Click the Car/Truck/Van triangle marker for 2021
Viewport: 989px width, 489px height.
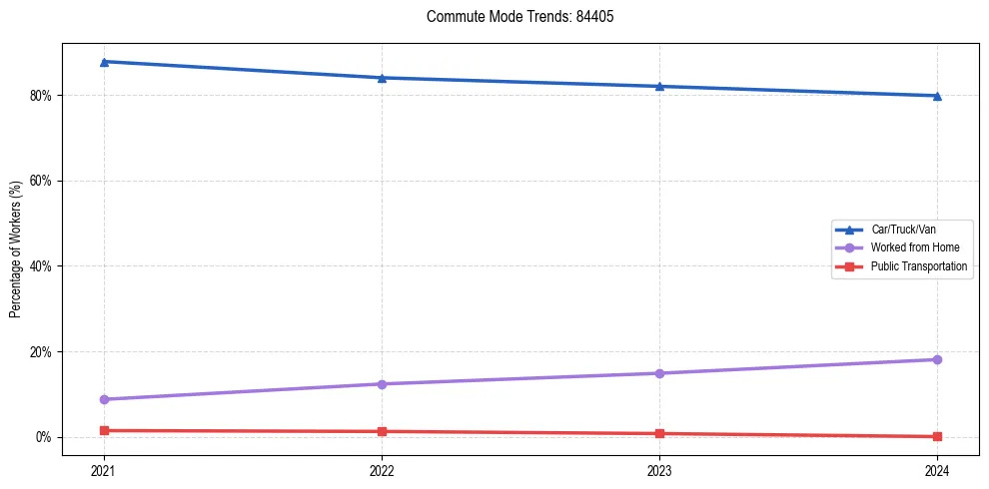click(x=104, y=62)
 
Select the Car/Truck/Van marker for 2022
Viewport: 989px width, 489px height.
click(x=382, y=78)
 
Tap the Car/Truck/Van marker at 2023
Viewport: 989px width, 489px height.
click(x=659, y=86)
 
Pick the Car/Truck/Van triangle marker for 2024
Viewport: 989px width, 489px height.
click(x=937, y=96)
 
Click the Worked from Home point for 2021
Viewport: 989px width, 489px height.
click(x=104, y=399)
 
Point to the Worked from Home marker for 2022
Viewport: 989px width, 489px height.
click(x=382, y=384)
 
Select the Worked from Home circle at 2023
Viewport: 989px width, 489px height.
click(x=659, y=373)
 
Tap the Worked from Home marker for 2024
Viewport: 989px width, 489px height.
click(x=937, y=359)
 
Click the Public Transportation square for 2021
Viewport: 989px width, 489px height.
click(x=104, y=430)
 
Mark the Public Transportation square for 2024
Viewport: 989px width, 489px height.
click(x=937, y=436)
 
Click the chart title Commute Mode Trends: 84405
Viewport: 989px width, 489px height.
click(x=512, y=17)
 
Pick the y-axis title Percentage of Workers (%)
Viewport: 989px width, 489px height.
click(x=16, y=249)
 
